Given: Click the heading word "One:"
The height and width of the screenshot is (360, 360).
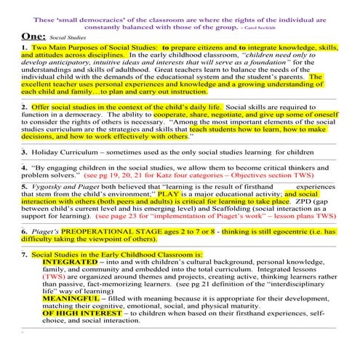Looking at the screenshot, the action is click(33, 34).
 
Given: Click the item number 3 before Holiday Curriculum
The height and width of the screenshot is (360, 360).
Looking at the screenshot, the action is click(24, 152).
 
